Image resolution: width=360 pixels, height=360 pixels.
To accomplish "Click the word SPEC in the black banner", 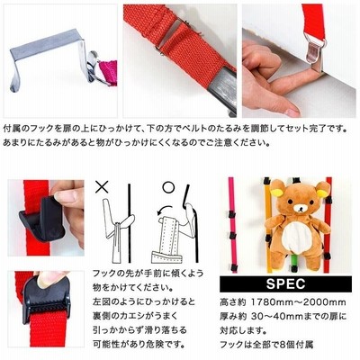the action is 285,283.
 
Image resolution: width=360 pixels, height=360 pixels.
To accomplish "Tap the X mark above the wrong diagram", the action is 102,186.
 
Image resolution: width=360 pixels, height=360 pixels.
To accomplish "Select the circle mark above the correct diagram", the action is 168,187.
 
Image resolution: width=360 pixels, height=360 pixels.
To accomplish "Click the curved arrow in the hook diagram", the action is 165,210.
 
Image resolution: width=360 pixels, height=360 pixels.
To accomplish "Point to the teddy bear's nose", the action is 299,208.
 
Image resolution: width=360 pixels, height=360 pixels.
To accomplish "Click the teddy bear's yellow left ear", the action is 277,192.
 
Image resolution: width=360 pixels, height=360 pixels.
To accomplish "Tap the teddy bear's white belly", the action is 294,237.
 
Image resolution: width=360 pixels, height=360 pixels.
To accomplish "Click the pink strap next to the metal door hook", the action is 108,72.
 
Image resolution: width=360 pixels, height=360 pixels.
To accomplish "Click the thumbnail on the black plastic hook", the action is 64,196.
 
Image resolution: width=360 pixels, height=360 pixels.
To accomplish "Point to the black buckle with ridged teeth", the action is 46,297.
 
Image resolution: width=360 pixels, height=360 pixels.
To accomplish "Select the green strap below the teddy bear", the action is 294,263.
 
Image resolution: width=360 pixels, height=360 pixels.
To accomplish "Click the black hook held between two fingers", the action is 43,218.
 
